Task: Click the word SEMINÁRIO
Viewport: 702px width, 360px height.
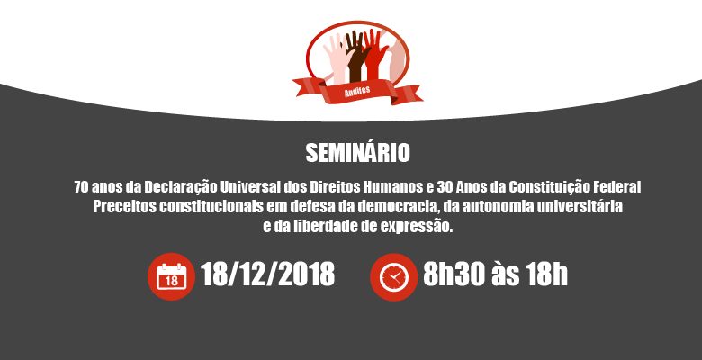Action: click(x=357, y=152)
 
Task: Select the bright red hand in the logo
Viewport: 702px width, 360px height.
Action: click(x=374, y=55)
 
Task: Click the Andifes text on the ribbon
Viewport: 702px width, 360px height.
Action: click(x=357, y=91)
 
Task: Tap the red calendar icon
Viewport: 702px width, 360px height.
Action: click(x=171, y=276)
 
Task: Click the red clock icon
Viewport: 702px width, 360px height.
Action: click(x=393, y=277)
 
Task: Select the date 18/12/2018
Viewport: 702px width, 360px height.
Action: click(x=267, y=274)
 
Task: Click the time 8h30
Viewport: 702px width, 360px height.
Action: click(x=453, y=274)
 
